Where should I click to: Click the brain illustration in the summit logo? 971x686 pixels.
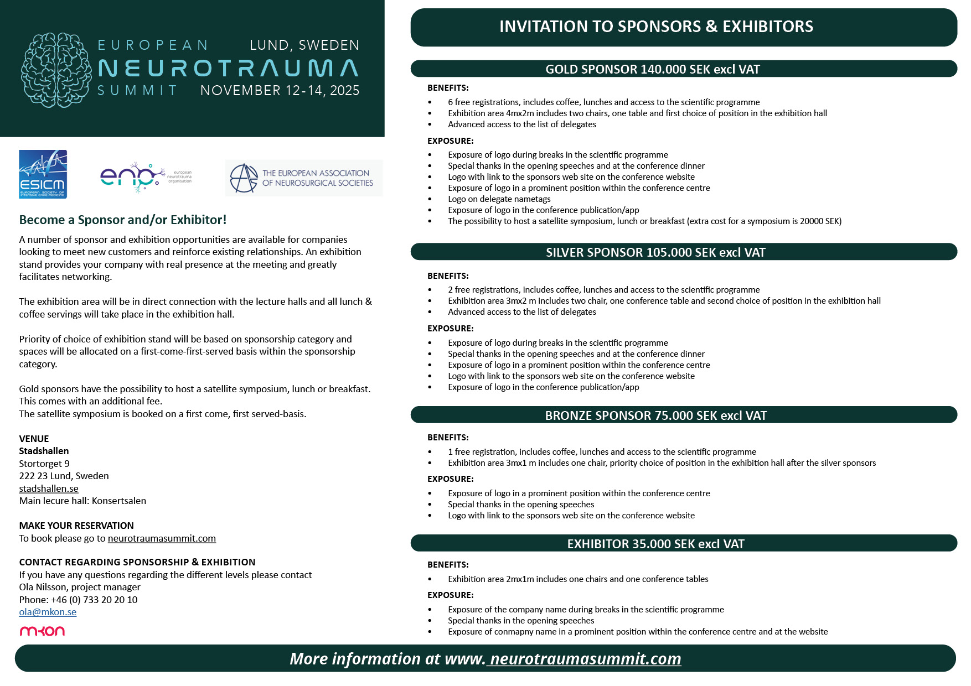tap(56, 70)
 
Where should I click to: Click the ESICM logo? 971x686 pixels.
tap(43, 174)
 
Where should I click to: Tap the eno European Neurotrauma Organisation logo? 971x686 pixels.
tap(145, 177)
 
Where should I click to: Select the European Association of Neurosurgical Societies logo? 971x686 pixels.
tap(303, 178)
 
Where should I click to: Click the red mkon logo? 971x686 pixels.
tap(42, 631)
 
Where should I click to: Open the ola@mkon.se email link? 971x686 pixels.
tap(48, 612)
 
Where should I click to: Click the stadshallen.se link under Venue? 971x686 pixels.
tap(49, 488)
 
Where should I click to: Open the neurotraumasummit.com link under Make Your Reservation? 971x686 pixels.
tap(162, 538)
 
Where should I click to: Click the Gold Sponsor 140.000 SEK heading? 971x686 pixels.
tap(652, 69)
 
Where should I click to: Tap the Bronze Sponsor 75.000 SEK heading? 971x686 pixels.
tap(655, 415)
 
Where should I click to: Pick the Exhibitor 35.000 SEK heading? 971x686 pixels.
tap(655, 544)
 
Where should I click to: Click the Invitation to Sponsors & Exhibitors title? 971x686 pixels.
tap(656, 27)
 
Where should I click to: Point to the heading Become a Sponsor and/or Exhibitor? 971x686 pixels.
tap(123, 220)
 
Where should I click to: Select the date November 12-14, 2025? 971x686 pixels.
tap(280, 90)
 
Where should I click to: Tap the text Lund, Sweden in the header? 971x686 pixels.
tap(304, 45)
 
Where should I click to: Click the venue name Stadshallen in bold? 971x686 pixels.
tap(44, 451)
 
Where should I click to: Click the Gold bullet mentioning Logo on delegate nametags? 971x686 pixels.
tap(499, 199)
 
